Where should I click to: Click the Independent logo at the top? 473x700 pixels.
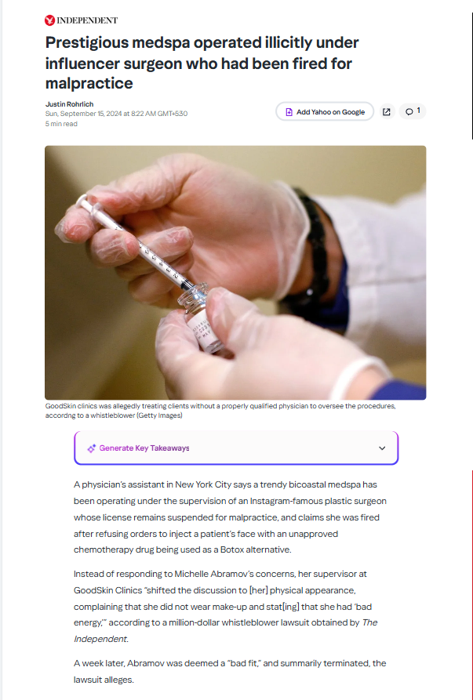point(81,20)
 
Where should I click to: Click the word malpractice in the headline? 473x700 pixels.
point(89,83)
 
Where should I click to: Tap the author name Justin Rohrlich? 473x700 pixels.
point(69,104)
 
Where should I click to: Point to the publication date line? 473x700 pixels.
point(116,114)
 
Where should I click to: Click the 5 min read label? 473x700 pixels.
point(61,124)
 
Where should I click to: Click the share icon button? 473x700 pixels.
point(387,111)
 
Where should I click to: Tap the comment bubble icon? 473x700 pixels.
point(409,111)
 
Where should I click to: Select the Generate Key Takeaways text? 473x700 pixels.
point(144,448)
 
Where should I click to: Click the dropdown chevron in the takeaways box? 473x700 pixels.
point(382,448)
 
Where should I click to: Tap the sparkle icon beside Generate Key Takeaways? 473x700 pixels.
point(91,448)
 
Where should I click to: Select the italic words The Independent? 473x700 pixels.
point(226,631)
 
